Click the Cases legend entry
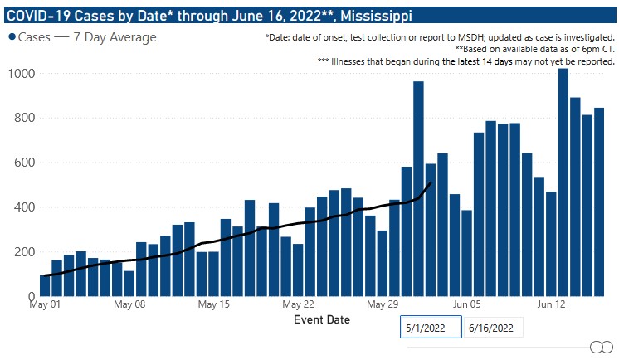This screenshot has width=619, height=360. [28, 37]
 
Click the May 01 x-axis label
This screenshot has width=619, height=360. [44, 304]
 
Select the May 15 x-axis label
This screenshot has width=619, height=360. [213, 304]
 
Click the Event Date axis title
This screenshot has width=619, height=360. [322, 319]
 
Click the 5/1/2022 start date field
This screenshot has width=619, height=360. [428, 328]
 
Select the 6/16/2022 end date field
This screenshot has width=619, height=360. [496, 328]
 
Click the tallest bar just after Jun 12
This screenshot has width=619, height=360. [563, 182]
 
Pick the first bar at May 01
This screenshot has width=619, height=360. [45, 285]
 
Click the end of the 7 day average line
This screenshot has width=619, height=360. [431, 182]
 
